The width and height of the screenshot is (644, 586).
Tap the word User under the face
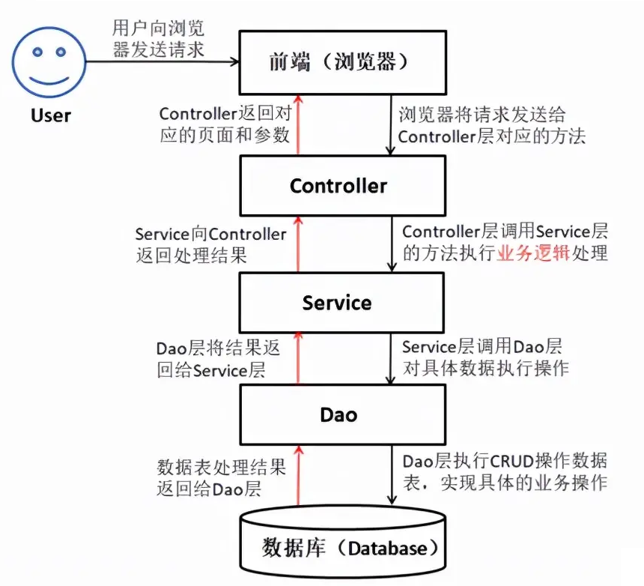51,115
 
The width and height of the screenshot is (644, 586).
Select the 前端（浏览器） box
343,62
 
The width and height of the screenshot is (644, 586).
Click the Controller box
343,185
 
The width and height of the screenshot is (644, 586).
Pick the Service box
343,302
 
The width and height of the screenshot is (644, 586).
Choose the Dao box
343,414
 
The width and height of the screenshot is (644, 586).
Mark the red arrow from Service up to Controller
298,244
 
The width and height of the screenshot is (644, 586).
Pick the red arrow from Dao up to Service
298,358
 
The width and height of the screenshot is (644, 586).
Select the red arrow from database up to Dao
298,475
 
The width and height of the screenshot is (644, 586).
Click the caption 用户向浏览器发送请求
158,39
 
